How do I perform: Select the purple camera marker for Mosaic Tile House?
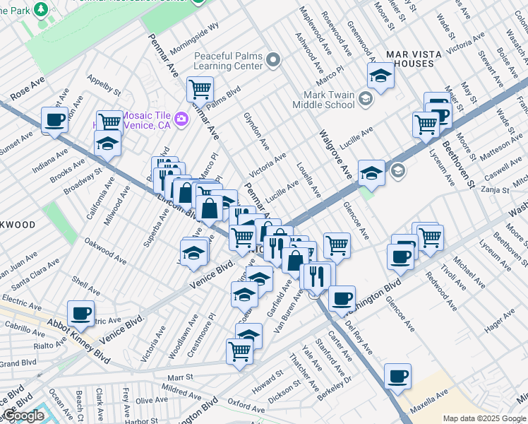tap(181, 118)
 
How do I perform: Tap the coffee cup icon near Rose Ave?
tap(54, 119)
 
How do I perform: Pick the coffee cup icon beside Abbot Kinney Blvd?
tap(80, 313)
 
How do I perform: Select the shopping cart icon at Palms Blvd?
tap(200, 90)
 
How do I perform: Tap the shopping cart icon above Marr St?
tap(240, 350)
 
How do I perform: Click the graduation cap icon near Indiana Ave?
tap(108, 143)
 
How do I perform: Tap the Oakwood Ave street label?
tap(104, 251)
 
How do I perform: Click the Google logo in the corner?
tap(23, 416)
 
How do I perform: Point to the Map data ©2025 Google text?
tap(484, 418)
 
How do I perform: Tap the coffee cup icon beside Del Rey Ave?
tap(342, 298)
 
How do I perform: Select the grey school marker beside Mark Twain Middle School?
tap(365, 98)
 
